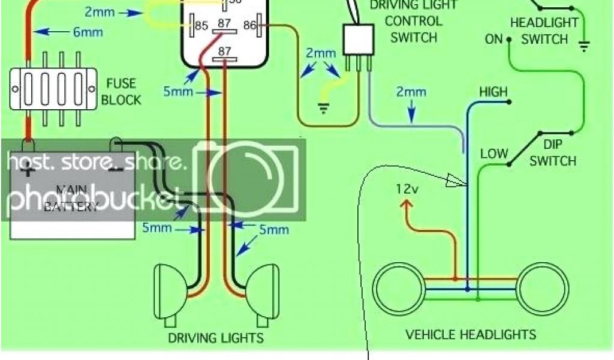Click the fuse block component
(x=53, y=89)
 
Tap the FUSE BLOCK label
(x=121, y=91)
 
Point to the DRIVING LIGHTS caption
(x=215, y=338)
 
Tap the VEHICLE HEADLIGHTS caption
(x=471, y=334)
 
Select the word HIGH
(x=493, y=92)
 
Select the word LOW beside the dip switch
(x=494, y=154)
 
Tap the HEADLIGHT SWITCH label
(x=544, y=31)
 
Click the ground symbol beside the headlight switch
(x=583, y=45)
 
